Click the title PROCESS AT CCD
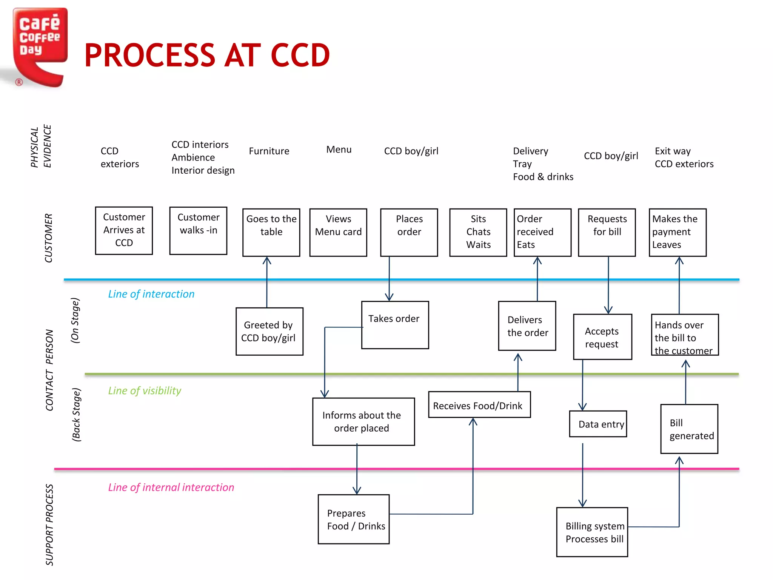(x=207, y=56)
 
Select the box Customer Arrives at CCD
(x=124, y=230)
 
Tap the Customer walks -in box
(x=198, y=230)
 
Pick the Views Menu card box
(x=338, y=232)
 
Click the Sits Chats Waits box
(x=478, y=232)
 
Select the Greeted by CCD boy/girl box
(x=269, y=331)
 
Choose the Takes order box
(x=395, y=325)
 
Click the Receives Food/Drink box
(x=479, y=405)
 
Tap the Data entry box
(x=598, y=424)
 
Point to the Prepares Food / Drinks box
(x=354, y=519)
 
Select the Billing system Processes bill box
(x=592, y=532)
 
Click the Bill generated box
(x=689, y=429)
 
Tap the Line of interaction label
(x=151, y=294)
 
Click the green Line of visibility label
(x=145, y=390)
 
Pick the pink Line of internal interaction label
(x=171, y=487)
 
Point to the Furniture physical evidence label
(x=269, y=151)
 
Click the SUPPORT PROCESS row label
(x=49, y=525)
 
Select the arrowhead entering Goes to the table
(x=267, y=260)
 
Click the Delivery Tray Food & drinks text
(x=542, y=164)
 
